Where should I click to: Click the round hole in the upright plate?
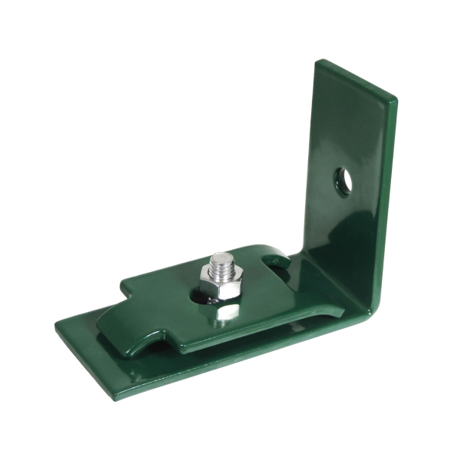(x=343, y=181)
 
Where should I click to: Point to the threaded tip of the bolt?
(x=221, y=260)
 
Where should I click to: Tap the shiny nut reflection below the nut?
(x=227, y=310)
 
